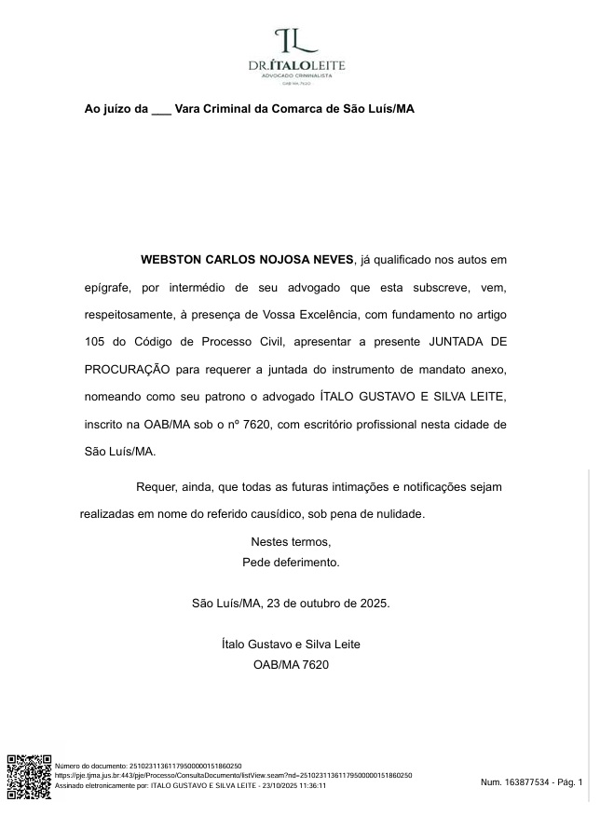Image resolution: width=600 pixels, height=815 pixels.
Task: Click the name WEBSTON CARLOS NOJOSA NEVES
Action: click(247, 258)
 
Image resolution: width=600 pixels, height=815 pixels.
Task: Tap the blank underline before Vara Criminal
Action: click(161, 109)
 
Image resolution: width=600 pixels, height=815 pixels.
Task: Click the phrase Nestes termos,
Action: click(291, 542)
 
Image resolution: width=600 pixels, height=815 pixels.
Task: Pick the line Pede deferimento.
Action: click(291, 563)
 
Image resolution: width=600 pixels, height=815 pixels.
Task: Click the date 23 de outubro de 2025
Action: click(328, 603)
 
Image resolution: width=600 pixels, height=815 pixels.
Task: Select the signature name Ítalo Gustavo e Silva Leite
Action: click(291, 644)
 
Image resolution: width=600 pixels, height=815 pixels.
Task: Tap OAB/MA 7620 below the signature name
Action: click(291, 664)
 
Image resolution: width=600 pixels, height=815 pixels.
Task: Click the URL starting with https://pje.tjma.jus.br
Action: click(233, 775)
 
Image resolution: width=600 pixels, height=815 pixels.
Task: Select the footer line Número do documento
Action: click(148, 765)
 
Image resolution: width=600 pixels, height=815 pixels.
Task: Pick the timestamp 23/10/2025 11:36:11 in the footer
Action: click(294, 786)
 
